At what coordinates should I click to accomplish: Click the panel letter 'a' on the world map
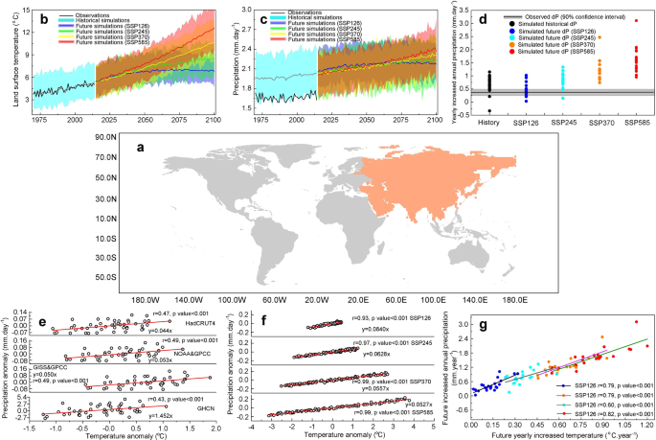tap(142, 147)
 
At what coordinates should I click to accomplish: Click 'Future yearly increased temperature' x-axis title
tap(562, 432)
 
